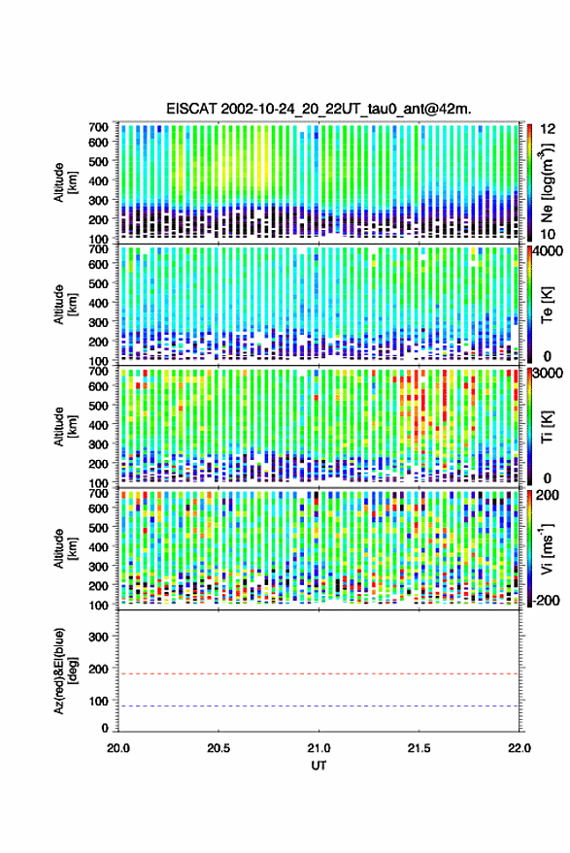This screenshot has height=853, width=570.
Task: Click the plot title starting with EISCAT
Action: point(319,110)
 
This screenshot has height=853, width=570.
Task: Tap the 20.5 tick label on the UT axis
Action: point(218,748)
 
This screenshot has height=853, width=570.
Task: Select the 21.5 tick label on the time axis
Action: point(419,748)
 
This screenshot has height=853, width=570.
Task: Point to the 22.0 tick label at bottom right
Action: point(519,748)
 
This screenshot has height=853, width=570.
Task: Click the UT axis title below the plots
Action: point(319,766)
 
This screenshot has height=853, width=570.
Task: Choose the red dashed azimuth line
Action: point(319,674)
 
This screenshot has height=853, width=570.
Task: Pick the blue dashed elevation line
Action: point(319,706)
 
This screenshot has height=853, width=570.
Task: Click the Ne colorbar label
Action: point(547,182)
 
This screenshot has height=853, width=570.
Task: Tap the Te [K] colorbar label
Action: point(548,304)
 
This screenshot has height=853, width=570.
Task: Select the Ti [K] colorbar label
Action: point(548,427)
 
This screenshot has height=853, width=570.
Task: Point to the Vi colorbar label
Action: point(547,548)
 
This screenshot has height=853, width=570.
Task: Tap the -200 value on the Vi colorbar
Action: point(546,601)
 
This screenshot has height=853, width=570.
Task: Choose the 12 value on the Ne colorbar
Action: point(549,128)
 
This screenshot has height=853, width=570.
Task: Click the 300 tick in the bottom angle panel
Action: point(98,637)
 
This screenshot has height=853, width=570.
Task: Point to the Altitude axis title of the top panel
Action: point(65,182)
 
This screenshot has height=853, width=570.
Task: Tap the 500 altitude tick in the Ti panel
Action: point(98,406)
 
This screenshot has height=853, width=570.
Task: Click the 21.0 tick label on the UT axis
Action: point(319,748)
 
